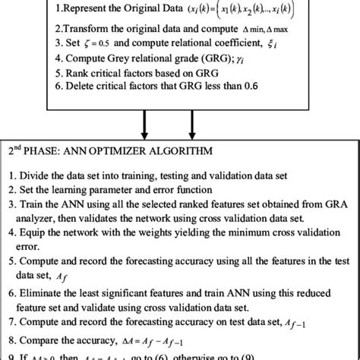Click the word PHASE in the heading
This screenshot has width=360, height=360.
click(x=54, y=150)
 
